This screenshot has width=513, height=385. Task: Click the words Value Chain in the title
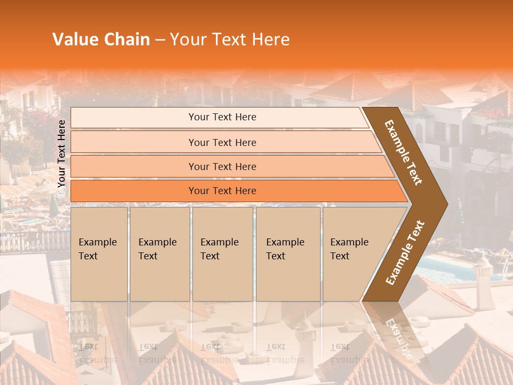(x=101, y=40)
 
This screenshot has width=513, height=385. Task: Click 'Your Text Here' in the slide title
(x=230, y=40)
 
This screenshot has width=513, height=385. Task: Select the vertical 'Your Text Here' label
(x=61, y=153)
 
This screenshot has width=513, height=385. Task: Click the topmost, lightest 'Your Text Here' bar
(x=222, y=117)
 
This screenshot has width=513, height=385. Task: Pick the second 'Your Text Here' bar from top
(x=222, y=142)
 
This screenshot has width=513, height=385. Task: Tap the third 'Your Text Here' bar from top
(x=222, y=166)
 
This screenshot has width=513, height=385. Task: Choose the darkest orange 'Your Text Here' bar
(x=222, y=191)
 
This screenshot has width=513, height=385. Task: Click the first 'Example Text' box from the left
(x=99, y=253)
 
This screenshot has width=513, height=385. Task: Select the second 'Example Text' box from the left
(x=159, y=253)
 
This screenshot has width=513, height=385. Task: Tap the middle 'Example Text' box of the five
(x=222, y=253)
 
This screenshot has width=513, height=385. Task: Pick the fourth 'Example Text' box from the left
(x=288, y=253)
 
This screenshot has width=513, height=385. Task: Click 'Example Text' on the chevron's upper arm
(x=404, y=152)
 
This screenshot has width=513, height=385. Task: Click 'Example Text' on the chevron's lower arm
(x=405, y=253)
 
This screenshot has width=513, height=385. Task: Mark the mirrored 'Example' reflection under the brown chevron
(x=398, y=337)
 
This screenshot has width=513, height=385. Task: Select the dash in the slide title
(x=160, y=40)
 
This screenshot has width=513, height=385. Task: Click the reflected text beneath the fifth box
(x=347, y=353)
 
